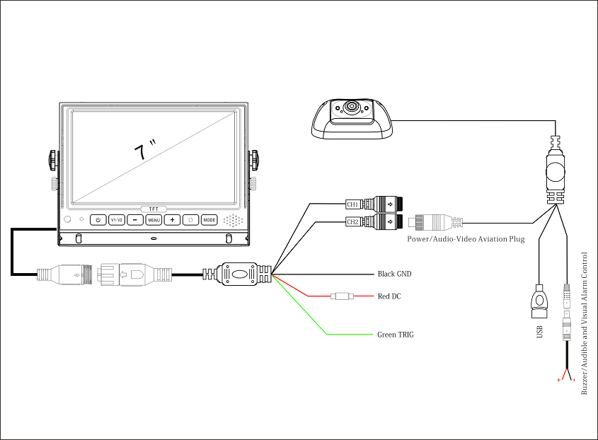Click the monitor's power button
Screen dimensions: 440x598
point(98,220)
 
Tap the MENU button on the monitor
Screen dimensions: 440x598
point(154,220)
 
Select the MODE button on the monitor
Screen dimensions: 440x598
point(209,220)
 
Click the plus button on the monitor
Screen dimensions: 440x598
point(172,220)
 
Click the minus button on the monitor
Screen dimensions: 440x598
point(135,220)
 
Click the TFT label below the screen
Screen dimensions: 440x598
point(154,209)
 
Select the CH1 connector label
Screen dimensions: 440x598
point(352,204)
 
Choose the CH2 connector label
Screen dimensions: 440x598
point(352,222)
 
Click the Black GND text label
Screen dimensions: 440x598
point(394,274)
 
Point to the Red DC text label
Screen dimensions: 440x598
point(389,296)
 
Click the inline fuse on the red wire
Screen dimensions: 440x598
point(343,296)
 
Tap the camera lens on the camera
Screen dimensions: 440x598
point(351,109)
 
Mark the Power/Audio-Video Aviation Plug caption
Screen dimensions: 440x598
point(466,239)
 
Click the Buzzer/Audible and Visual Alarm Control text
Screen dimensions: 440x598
point(585,323)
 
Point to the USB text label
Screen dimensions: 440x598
point(540,331)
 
